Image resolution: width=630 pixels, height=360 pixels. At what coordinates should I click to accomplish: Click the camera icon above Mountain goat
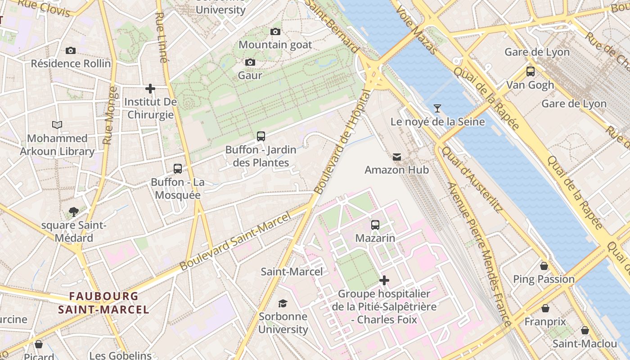pyautogui.click(x=275, y=31)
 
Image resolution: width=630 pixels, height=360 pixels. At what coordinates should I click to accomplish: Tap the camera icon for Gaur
pyautogui.click(x=250, y=62)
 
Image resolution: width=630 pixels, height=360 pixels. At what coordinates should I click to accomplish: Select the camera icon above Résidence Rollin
pyautogui.click(x=71, y=50)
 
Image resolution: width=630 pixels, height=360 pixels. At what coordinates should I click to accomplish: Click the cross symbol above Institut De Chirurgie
pyautogui.click(x=150, y=89)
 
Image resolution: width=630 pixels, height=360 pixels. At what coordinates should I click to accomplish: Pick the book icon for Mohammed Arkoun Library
pyautogui.click(x=57, y=125)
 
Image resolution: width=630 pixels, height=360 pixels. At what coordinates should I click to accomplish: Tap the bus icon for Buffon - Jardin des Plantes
pyautogui.click(x=261, y=136)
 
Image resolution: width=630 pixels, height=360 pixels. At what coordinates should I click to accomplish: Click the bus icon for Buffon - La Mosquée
pyautogui.click(x=178, y=169)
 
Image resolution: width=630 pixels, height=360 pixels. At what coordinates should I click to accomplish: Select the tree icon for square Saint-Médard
pyautogui.click(x=74, y=211)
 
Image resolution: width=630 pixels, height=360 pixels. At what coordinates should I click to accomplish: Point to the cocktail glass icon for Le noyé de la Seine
pyautogui.click(x=437, y=108)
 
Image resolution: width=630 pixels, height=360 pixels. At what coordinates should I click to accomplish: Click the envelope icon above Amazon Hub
pyautogui.click(x=397, y=157)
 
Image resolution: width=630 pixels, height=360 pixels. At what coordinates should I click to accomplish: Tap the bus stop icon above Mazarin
pyautogui.click(x=375, y=225)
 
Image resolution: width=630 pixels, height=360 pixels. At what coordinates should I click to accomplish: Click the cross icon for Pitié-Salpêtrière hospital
pyautogui.click(x=384, y=280)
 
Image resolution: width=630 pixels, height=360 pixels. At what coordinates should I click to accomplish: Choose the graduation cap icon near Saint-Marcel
pyautogui.click(x=283, y=303)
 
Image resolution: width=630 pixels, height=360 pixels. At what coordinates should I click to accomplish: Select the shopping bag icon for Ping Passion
pyautogui.click(x=544, y=266)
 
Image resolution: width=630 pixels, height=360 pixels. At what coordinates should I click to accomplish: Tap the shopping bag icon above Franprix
pyautogui.click(x=545, y=308)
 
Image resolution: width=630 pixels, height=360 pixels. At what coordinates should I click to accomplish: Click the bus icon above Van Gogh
pyautogui.click(x=531, y=71)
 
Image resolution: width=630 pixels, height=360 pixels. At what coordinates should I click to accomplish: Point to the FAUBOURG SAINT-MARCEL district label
pyautogui.click(x=103, y=303)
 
